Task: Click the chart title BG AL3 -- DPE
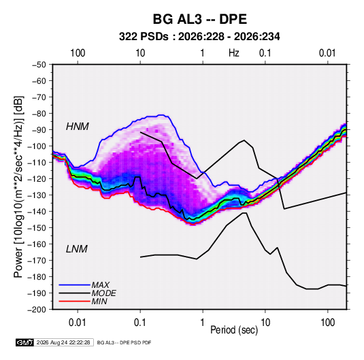tap(199, 19)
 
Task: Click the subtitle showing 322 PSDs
tap(199, 37)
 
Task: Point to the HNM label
tap(78, 127)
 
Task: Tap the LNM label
tap(77, 249)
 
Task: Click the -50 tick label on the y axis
tap(39, 65)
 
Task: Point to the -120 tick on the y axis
tap(37, 179)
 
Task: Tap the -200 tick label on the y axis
tap(37, 310)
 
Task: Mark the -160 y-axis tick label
tap(37, 244)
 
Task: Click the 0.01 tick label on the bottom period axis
tap(78, 323)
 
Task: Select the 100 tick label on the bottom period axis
tap(327, 323)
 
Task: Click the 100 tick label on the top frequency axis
tap(78, 53)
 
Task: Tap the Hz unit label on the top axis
tap(234, 53)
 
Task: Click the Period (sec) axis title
tap(234, 330)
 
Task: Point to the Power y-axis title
tap(18, 187)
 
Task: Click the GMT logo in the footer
tap(24, 342)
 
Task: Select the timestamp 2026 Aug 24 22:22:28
tap(63, 342)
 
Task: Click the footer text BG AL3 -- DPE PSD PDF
tap(125, 342)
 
